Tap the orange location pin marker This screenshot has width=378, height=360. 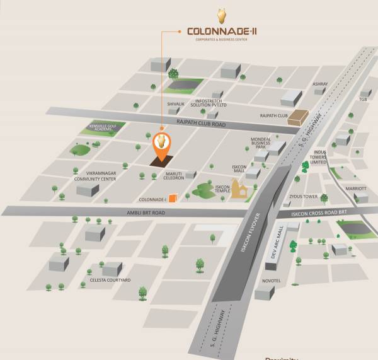pos(162,144)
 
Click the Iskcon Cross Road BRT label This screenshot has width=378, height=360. pos(319,214)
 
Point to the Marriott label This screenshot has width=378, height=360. pos(356,188)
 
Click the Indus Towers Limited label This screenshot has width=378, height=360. pos(318,157)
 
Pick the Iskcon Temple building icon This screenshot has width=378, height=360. pos(238,189)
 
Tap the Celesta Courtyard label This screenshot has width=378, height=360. pos(110,279)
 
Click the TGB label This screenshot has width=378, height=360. pos(363,99)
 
